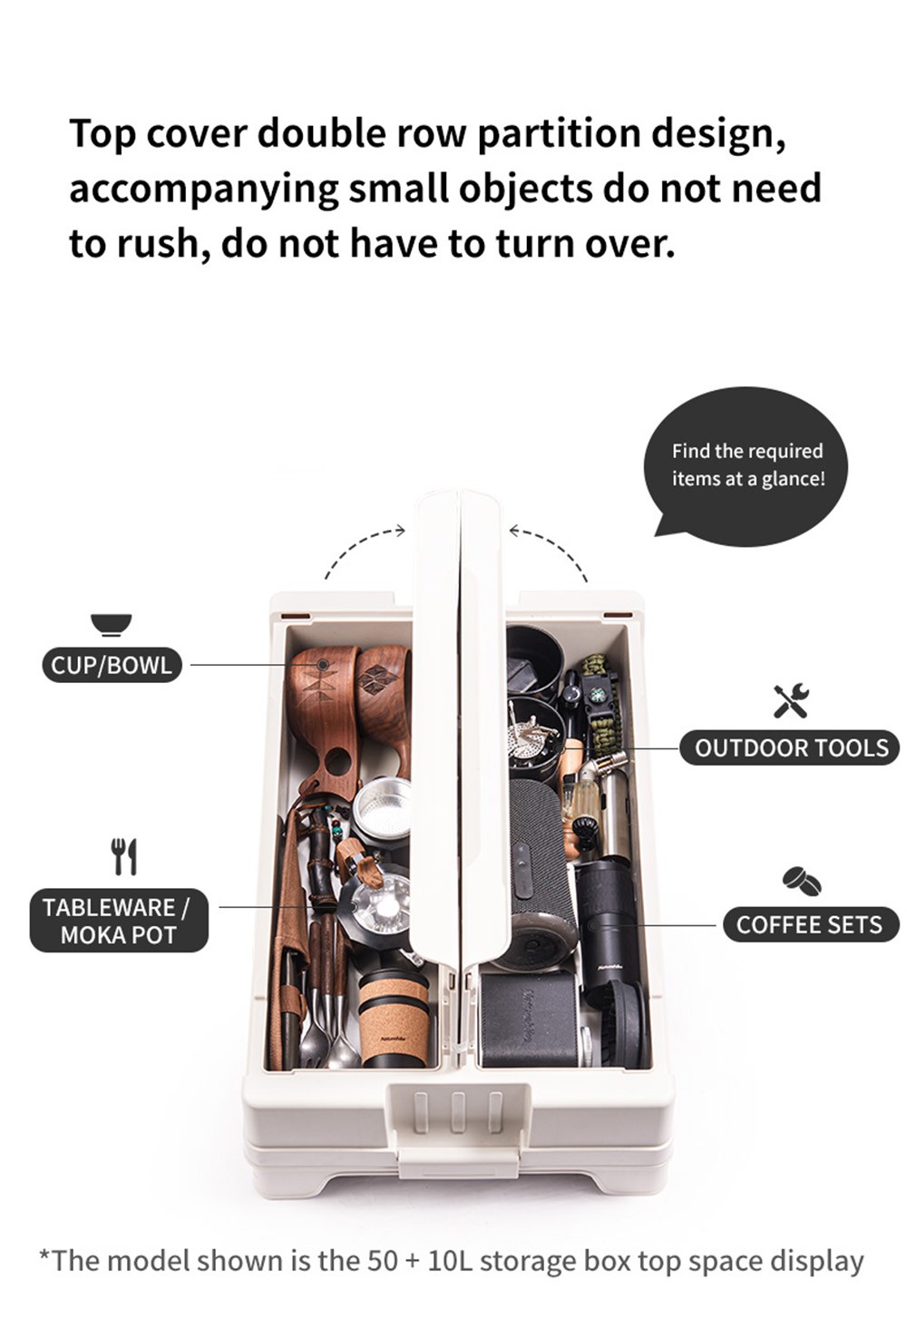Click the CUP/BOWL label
[x=112, y=665]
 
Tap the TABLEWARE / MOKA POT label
[x=119, y=921]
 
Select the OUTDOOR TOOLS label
[x=789, y=747]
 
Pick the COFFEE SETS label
[x=811, y=924]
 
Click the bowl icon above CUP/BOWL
[x=111, y=625]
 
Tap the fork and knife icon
[x=125, y=856]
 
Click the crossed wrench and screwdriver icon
[x=791, y=701]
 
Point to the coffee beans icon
[x=802, y=881]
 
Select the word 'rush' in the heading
[x=156, y=245]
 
